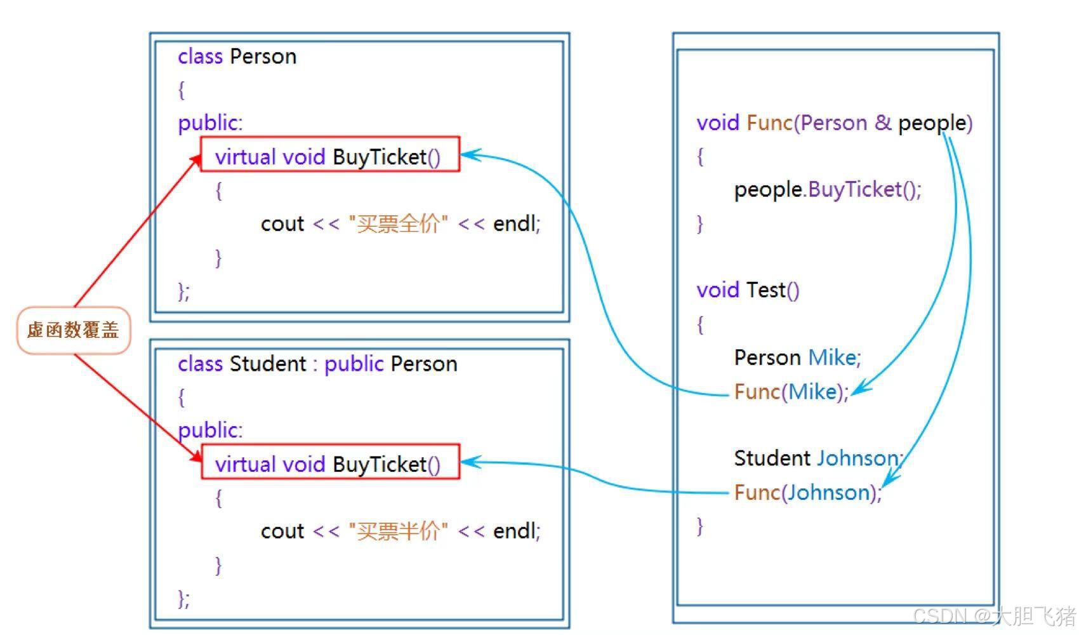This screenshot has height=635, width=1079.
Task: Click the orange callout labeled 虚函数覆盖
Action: [74, 330]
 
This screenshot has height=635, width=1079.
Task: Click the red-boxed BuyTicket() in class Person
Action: [330, 155]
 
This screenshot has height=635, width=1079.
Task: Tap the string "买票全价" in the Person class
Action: [398, 224]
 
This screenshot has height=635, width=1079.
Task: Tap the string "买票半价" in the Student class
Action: [398, 531]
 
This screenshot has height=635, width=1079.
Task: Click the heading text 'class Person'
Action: [237, 57]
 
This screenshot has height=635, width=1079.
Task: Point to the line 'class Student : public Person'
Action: [317, 364]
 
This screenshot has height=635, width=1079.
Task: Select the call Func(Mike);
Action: [791, 392]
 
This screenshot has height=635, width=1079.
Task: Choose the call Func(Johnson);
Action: [807, 493]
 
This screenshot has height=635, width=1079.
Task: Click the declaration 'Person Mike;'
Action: [797, 358]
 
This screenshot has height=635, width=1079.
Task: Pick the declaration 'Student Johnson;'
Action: [818, 458]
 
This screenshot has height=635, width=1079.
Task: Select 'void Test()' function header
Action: [748, 290]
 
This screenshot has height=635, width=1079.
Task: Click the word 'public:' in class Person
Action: [210, 123]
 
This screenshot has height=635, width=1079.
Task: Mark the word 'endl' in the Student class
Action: [515, 531]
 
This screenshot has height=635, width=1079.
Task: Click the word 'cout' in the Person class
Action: [282, 224]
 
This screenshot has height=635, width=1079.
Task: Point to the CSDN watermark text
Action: [993, 616]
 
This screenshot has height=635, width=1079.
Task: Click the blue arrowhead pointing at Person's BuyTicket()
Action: [470, 154]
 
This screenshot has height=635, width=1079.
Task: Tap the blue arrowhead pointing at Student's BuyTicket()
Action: [470, 462]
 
